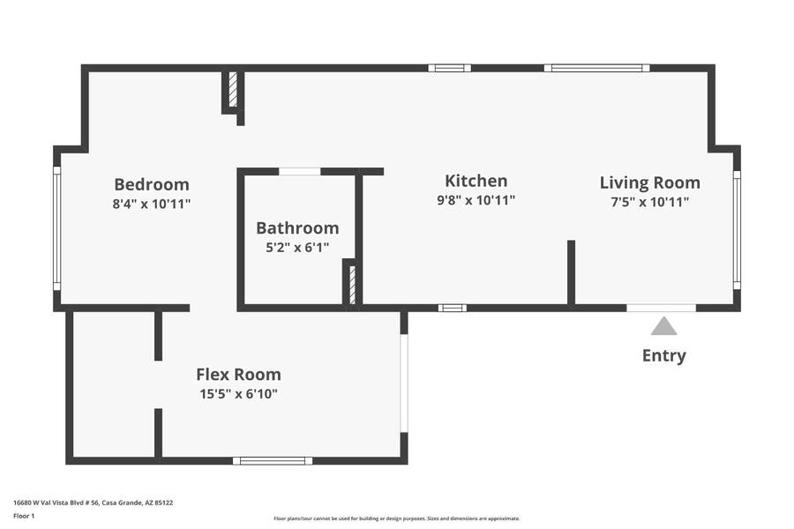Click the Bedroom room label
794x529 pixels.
pos(152,184)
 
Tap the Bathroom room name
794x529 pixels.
pos(297,227)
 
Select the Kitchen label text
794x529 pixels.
pos(476,181)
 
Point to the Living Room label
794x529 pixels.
pos(649,183)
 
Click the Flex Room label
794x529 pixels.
pos(238,375)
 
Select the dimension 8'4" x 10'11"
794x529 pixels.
pos(152,204)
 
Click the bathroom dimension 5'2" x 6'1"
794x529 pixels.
pos(297,248)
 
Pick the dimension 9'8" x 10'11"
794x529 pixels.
pos(476,200)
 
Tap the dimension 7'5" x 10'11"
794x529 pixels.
pos(649,202)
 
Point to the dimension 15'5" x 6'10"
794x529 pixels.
pos(238,394)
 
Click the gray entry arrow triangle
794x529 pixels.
pos(663,327)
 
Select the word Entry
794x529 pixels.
pos(663,356)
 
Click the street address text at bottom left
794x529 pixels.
pos(94,503)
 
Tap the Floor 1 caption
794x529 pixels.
pos(24,516)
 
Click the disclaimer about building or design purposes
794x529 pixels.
pos(396,518)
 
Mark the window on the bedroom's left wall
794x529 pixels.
pos(56,228)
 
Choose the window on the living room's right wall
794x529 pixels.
pos(737,230)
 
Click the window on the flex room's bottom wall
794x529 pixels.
pos(273,460)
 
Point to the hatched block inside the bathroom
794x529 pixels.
pos(352,285)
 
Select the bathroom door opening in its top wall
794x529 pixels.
pos(300,172)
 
